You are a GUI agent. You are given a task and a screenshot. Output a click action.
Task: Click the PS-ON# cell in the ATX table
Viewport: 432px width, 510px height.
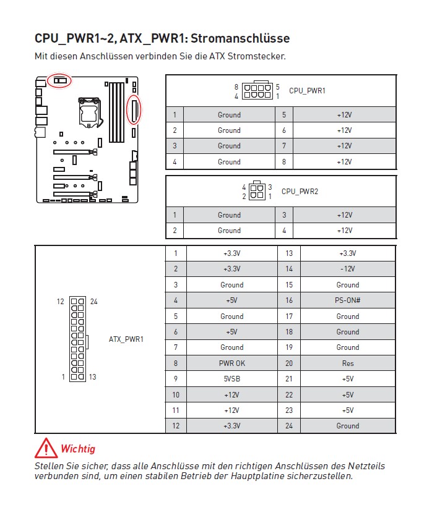click(347, 300)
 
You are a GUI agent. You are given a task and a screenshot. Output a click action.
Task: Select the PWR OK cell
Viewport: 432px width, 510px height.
click(231, 363)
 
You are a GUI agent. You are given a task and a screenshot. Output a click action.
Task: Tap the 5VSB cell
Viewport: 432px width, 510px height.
click(231, 379)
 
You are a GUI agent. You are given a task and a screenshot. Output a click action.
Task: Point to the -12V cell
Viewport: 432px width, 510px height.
click(347, 269)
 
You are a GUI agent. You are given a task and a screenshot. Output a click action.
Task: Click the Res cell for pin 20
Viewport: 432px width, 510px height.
click(347, 363)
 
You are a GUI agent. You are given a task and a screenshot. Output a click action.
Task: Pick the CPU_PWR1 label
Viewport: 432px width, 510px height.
click(307, 91)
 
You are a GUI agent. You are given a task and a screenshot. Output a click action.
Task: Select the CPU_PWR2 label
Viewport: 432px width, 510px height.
click(300, 192)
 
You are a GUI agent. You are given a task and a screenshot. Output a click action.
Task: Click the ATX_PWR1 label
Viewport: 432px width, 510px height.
click(126, 339)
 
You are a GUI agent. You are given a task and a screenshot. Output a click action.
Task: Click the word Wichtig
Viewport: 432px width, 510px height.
click(78, 449)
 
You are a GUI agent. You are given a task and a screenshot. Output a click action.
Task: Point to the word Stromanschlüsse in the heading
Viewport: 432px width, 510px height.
click(240, 38)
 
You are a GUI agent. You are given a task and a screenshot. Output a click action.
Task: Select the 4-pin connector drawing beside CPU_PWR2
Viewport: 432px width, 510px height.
click(257, 192)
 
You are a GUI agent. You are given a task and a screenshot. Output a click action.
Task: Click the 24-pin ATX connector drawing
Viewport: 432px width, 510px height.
click(78, 339)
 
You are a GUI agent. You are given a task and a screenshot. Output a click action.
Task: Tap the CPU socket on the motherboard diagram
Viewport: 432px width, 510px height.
click(88, 109)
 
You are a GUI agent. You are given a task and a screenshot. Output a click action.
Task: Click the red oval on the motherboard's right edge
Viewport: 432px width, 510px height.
click(134, 109)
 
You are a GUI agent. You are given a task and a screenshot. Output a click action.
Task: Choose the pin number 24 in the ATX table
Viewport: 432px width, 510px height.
click(288, 426)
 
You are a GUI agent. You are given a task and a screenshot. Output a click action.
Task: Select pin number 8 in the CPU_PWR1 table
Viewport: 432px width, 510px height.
click(283, 162)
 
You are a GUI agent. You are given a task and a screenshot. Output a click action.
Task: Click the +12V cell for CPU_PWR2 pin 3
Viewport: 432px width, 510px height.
click(344, 215)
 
